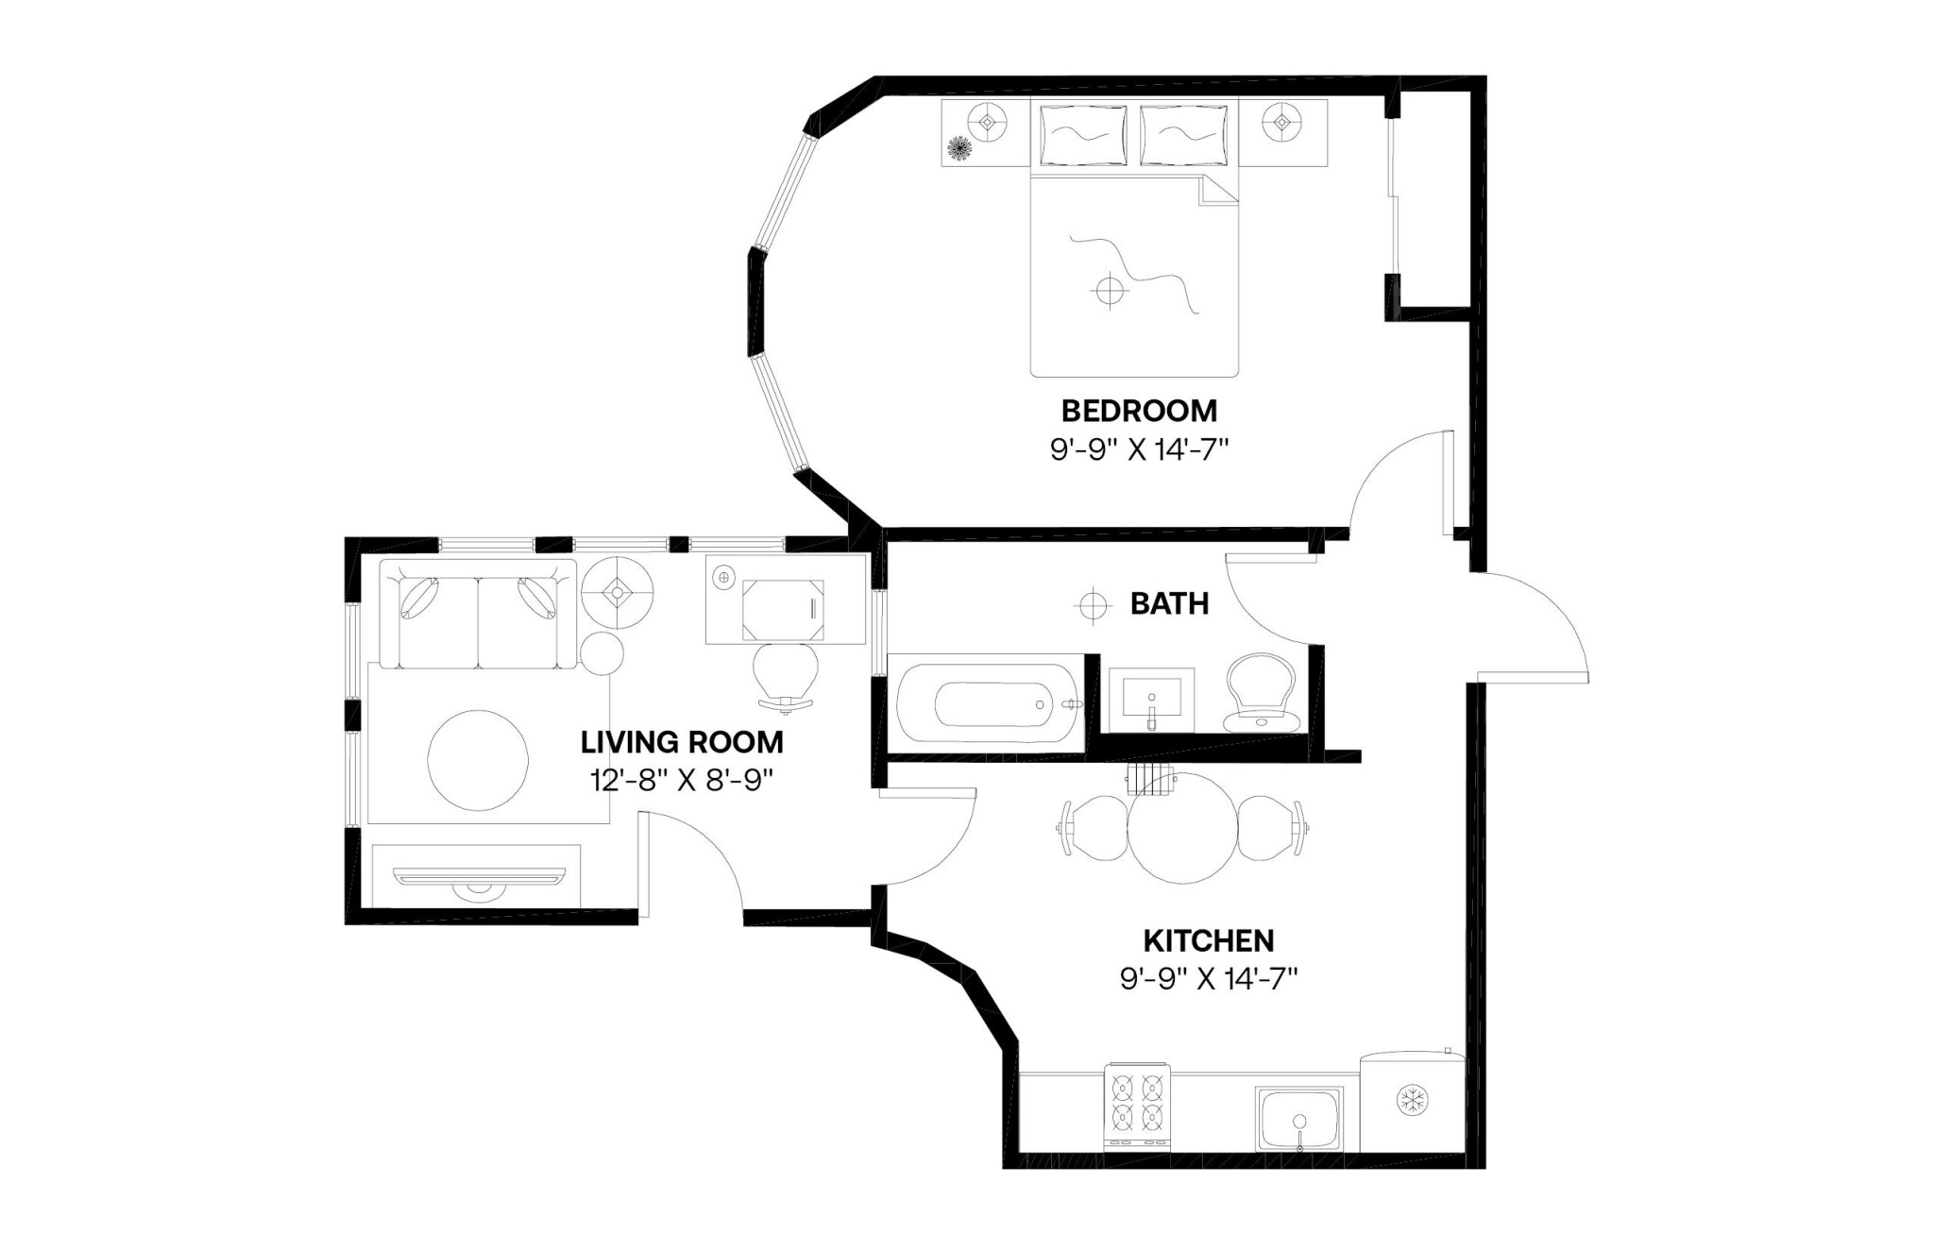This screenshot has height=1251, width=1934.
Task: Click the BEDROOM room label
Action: point(1139,411)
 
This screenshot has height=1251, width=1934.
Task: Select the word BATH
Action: point(1169,603)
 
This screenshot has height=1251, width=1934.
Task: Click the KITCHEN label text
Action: point(1209,940)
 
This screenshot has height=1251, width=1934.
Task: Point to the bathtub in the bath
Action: point(987,703)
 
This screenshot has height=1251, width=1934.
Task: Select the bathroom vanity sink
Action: point(1151,700)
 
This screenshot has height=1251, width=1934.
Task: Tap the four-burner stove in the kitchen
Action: point(1137,1106)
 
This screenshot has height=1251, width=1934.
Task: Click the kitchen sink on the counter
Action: point(1299,1119)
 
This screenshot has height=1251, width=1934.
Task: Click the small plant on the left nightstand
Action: point(959,148)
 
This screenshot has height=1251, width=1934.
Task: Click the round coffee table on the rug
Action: point(478,759)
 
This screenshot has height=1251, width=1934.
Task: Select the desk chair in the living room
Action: point(786,672)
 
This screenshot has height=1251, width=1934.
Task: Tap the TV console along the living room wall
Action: point(476,876)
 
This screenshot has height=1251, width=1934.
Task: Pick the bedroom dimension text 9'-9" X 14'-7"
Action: point(1139,449)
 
